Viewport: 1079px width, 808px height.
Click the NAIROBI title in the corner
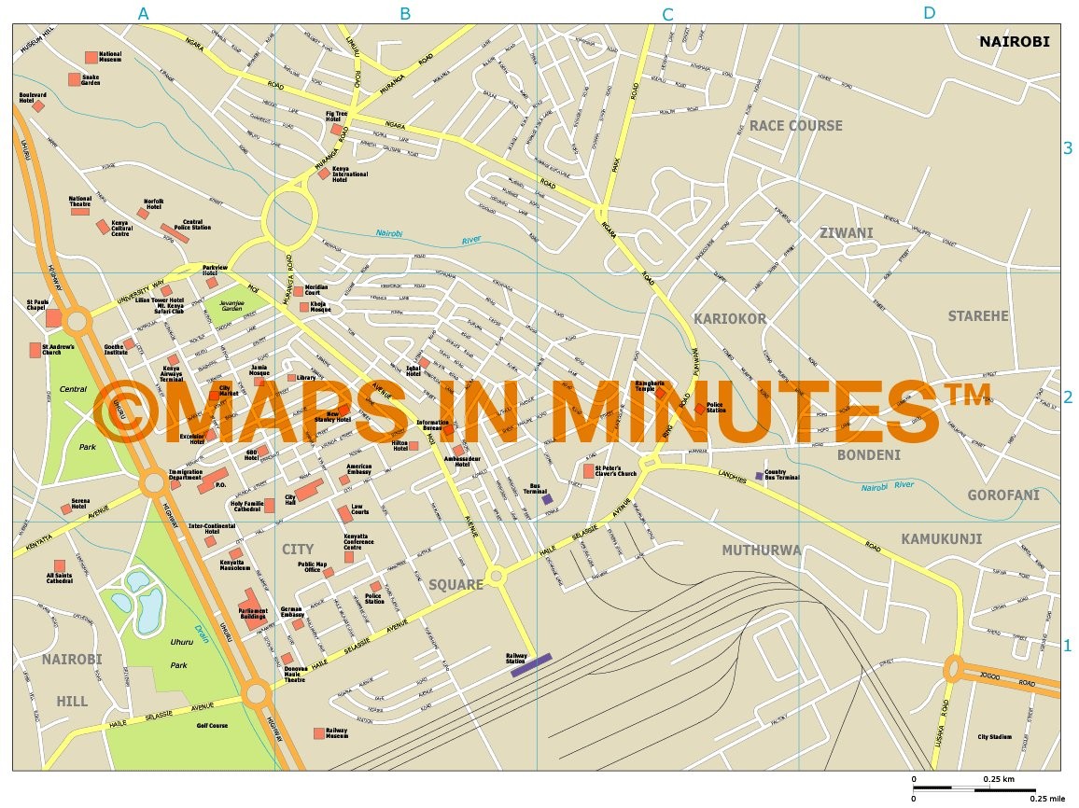(1015, 41)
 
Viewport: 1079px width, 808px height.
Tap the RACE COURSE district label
(795, 126)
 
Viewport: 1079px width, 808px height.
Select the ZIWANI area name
(846, 233)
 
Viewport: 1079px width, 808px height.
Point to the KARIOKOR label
(730, 319)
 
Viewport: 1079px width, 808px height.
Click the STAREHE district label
(978, 316)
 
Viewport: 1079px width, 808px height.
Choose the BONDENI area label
(868, 455)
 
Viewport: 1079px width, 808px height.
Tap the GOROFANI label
(1002, 495)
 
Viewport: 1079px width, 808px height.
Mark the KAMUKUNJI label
(941, 538)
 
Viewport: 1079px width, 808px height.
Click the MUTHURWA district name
(761, 550)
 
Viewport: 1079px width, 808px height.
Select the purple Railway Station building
(532, 663)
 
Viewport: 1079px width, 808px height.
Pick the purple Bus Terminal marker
(547, 499)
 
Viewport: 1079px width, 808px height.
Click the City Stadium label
(994, 737)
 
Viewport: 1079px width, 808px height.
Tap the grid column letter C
(667, 14)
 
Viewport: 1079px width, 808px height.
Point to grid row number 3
(1069, 148)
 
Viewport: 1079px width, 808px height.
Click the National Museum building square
(91, 58)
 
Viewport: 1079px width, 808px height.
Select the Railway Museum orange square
(319, 733)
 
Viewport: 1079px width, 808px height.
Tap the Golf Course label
(212, 726)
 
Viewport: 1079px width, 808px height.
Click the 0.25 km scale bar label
(998, 779)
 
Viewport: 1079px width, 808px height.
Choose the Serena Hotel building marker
(65, 508)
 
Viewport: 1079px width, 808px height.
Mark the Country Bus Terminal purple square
(759, 476)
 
